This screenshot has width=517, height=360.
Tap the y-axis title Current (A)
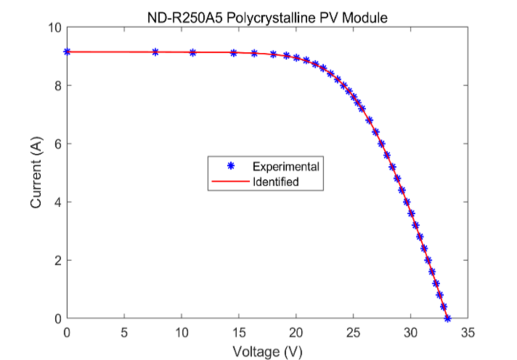point(36,173)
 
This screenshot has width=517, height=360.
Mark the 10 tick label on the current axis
point(54,27)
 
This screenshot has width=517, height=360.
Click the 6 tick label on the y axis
point(57,144)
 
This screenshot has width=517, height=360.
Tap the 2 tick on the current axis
point(57,260)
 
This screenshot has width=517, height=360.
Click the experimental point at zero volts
point(67,51)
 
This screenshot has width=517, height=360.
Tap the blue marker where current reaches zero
point(448,318)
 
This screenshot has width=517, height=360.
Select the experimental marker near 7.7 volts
point(155,52)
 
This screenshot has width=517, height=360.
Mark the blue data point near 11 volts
point(193,52)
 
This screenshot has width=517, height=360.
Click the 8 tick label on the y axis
point(57,85)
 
